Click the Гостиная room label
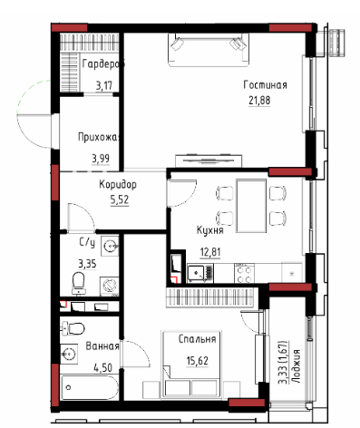tap(265, 85)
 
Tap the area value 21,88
tap(259, 101)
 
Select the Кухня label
tap(210, 230)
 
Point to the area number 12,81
tap(210, 252)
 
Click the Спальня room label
tap(198, 339)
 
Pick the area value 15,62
tap(198, 361)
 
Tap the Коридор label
tap(118, 184)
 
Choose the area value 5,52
tap(120, 200)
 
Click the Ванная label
tap(102, 346)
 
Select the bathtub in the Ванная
tap(90, 387)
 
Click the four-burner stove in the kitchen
tap(245, 273)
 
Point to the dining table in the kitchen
tap(251, 206)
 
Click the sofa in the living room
tap(209, 50)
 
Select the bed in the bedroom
tap(191, 365)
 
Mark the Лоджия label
tap(297, 366)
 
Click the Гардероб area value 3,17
tap(104, 86)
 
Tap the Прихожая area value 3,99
tap(101, 159)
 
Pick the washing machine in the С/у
tap(109, 286)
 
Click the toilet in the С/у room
tap(79, 283)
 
